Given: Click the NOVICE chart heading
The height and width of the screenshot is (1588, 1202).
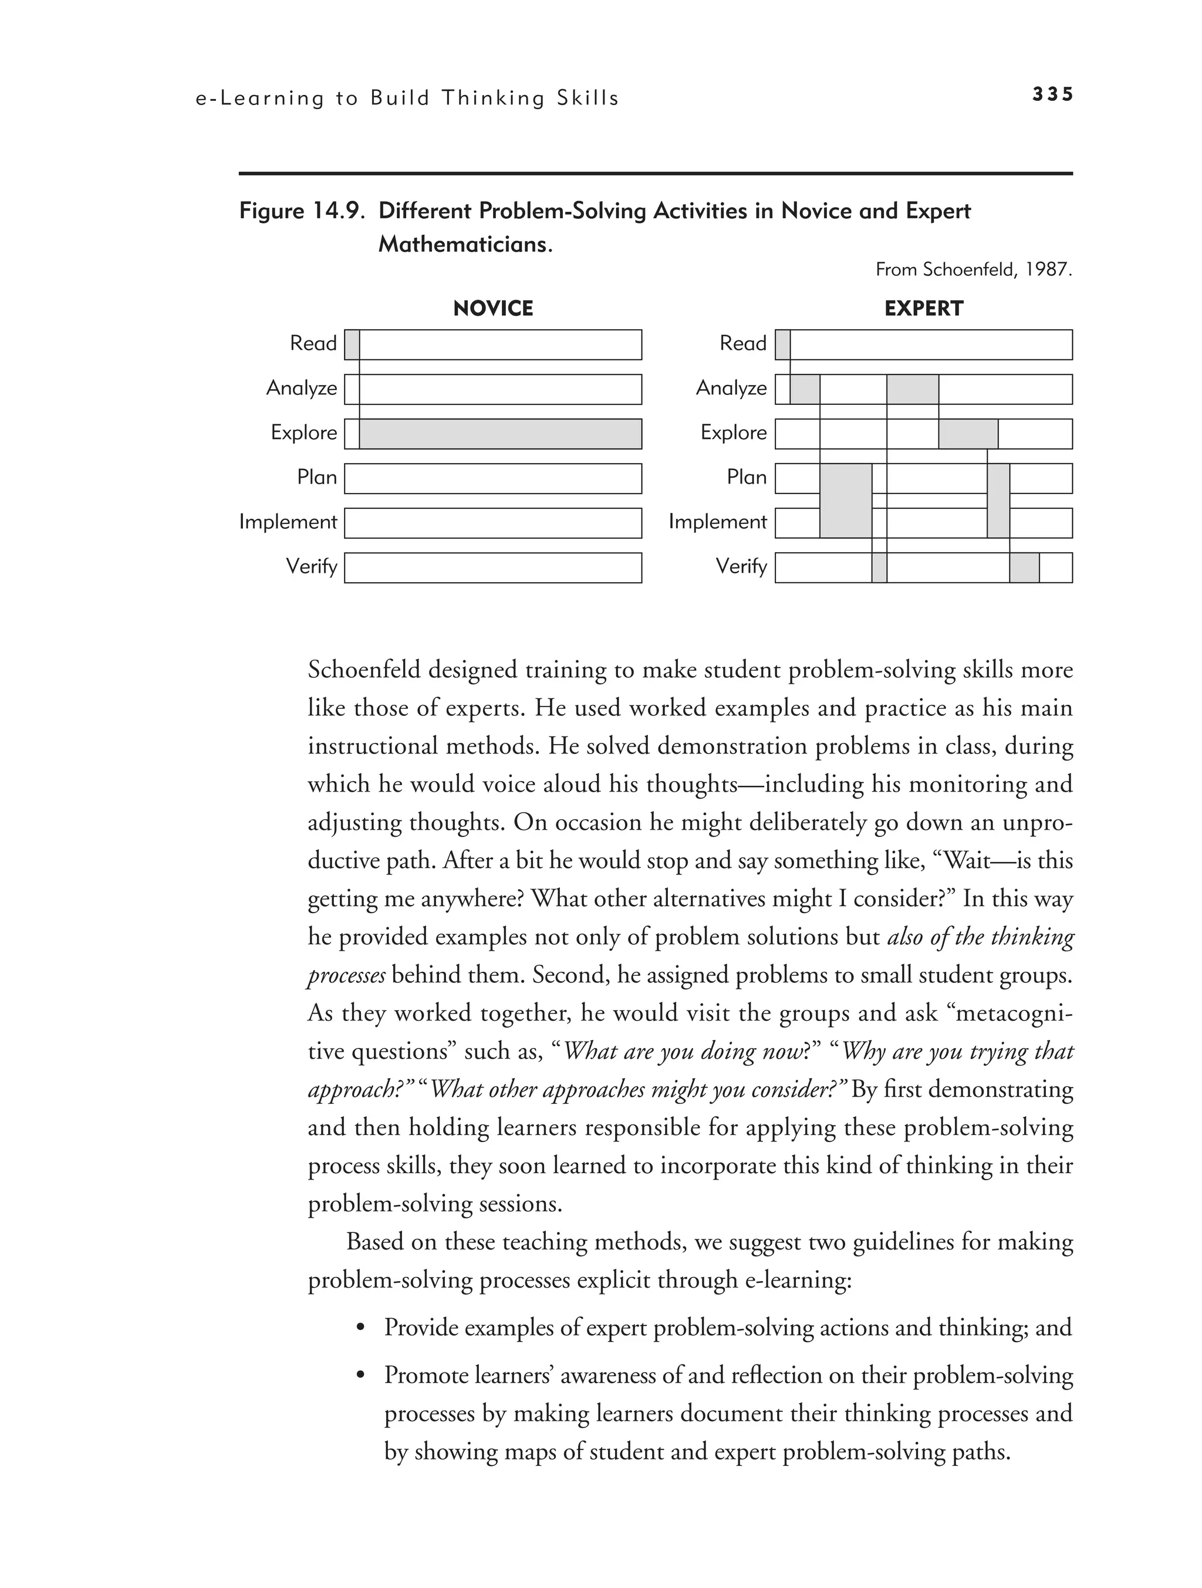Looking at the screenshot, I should pos(492,309).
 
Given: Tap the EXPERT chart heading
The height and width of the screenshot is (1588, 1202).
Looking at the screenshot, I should pos(923,309).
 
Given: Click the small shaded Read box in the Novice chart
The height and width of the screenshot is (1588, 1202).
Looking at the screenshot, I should pos(352,344).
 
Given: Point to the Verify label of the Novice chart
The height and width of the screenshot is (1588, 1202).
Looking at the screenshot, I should pos(311,566).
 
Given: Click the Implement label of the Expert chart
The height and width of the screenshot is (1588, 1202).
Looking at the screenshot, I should pos(717,522).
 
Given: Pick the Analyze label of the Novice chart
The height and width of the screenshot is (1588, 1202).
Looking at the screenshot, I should pos(302,388).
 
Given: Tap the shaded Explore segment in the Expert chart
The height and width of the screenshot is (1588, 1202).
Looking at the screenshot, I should pos(968,434).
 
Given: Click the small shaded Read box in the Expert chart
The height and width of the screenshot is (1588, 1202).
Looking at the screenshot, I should pos(783,344).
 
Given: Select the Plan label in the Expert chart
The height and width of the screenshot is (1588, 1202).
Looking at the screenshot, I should pos(746,478).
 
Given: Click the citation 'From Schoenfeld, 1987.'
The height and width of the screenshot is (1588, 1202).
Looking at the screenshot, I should pos(973,270).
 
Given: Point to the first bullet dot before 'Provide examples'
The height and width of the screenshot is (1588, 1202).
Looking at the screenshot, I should pos(361,1327).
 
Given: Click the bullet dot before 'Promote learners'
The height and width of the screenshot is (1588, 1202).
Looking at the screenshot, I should pos(361,1376).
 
